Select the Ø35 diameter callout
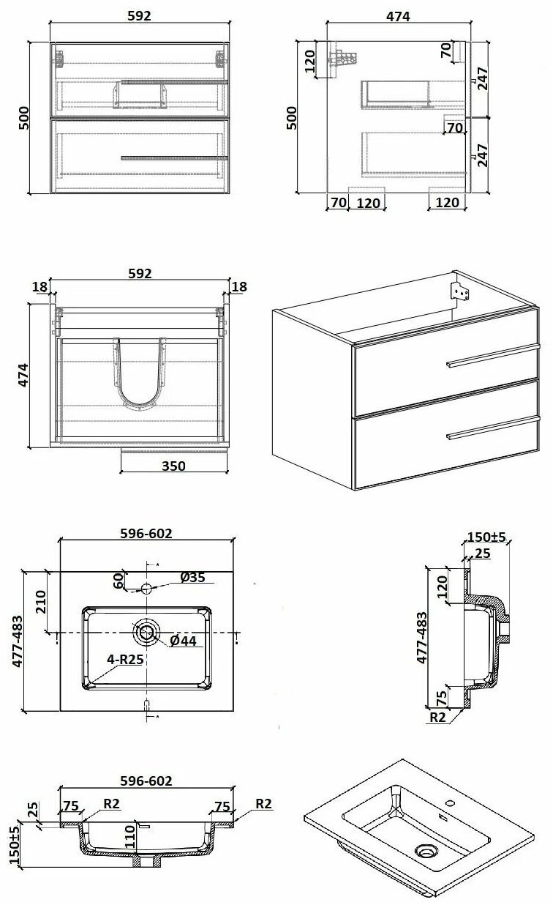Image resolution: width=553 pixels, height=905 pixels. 192,578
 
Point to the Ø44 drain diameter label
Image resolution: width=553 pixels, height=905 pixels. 184,641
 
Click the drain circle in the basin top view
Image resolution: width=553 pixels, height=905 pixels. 146,632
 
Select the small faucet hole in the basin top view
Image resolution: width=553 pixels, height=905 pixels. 146,588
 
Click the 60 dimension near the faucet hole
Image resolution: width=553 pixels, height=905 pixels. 117,579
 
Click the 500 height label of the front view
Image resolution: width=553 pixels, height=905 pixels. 24,117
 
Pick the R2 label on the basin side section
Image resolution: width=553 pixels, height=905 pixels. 437,718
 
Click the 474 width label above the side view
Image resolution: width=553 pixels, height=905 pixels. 399,16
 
